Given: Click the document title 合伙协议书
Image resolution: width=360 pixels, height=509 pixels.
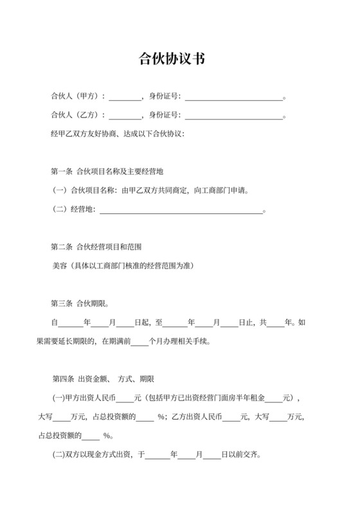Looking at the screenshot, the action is point(172,58).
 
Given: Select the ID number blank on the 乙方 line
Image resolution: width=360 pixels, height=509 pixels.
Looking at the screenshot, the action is point(233,116).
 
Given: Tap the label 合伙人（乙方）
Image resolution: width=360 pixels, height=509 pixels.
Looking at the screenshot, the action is point(76,116).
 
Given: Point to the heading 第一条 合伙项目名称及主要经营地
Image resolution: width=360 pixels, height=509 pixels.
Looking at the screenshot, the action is point(107,172).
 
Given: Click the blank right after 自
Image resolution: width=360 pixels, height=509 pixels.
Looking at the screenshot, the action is point(70,323).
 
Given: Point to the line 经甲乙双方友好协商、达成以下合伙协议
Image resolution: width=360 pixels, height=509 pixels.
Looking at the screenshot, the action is point(117,134).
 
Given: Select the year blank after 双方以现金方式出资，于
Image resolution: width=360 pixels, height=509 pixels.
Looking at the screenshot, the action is point(159,454).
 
